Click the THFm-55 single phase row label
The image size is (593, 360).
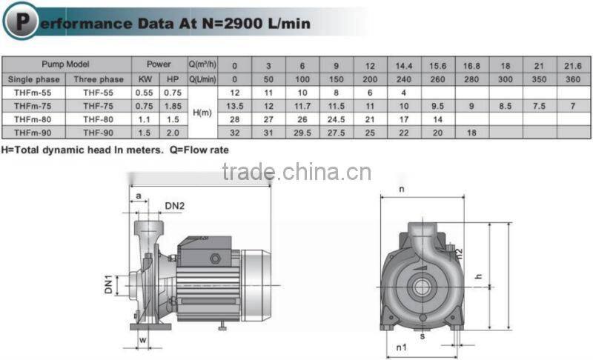33,93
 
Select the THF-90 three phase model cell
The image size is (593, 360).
99,131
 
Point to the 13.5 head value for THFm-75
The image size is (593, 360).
234,105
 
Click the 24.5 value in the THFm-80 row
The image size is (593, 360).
337,119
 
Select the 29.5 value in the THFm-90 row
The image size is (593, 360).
302,131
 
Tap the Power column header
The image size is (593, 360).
159,65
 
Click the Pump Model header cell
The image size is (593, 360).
66,65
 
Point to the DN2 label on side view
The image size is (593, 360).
175,205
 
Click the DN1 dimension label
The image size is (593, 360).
108,284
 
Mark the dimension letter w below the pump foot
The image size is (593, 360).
143,341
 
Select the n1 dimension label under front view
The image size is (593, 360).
401,347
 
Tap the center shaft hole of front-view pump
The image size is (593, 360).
421,285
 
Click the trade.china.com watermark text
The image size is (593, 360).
296,172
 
